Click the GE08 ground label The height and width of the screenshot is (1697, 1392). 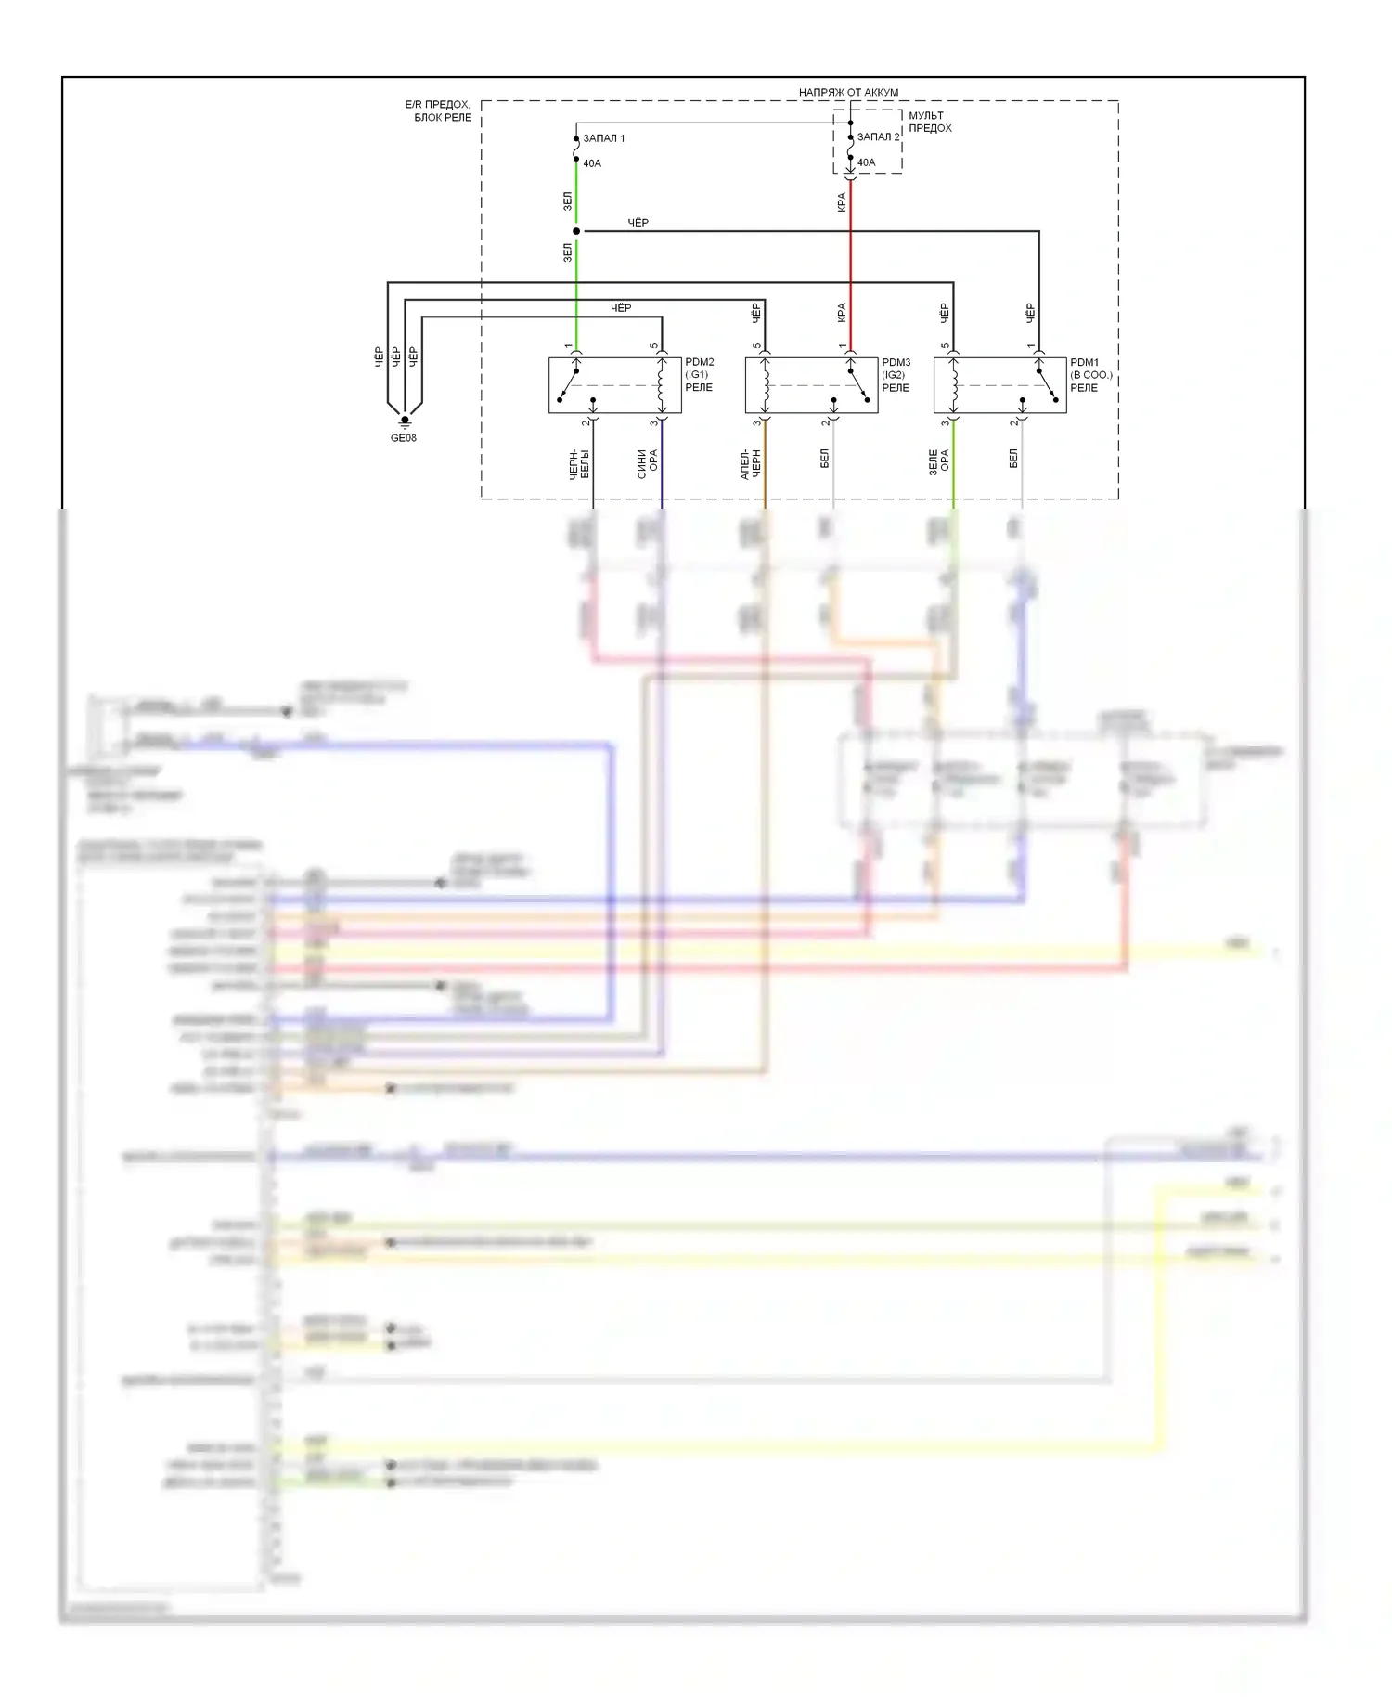[403, 438]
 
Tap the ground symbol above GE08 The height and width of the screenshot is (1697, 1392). [405, 421]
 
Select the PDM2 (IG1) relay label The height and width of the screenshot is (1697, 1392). [700, 375]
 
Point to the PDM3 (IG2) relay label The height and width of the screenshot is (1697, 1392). [896, 375]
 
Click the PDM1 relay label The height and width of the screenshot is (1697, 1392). [1090, 375]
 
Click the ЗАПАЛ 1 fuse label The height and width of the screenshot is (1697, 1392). [603, 138]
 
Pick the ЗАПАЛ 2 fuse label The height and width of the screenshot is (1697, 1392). [878, 136]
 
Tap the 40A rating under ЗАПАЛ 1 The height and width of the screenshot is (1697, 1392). [592, 163]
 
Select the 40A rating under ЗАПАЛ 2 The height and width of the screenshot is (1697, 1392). [866, 162]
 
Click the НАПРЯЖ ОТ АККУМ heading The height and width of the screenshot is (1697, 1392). [848, 92]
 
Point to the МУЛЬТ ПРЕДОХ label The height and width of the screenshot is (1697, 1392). [930, 122]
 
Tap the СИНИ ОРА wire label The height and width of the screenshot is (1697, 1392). [647, 463]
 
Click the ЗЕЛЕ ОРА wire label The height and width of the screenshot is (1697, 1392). [938, 462]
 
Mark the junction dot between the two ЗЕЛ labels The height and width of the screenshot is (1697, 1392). [576, 231]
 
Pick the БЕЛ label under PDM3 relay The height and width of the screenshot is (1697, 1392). [824, 458]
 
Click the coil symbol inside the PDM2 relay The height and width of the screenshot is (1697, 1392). [661, 385]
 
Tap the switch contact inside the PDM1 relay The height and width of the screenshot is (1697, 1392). [1046, 384]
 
